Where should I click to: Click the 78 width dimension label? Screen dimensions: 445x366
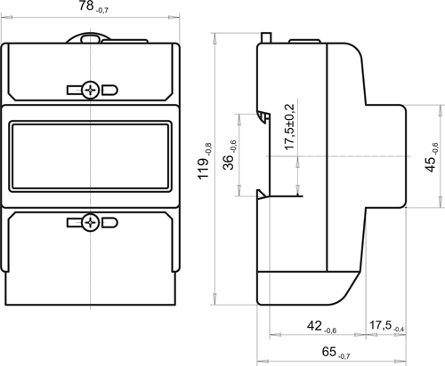pos(93,6)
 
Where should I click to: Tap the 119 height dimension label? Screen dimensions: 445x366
pos(205,162)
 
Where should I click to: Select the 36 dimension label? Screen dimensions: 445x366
pos(230,155)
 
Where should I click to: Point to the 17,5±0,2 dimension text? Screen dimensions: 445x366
pos(289,127)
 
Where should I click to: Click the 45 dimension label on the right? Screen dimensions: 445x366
pos(431,157)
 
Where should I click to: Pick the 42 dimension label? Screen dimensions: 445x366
pos(321,327)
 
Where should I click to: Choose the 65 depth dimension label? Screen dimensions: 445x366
pos(336,353)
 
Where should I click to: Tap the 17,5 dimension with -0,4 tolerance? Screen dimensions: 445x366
pos(386,326)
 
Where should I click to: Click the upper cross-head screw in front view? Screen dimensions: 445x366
pos(90,90)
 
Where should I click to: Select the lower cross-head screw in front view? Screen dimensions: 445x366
pos(90,222)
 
